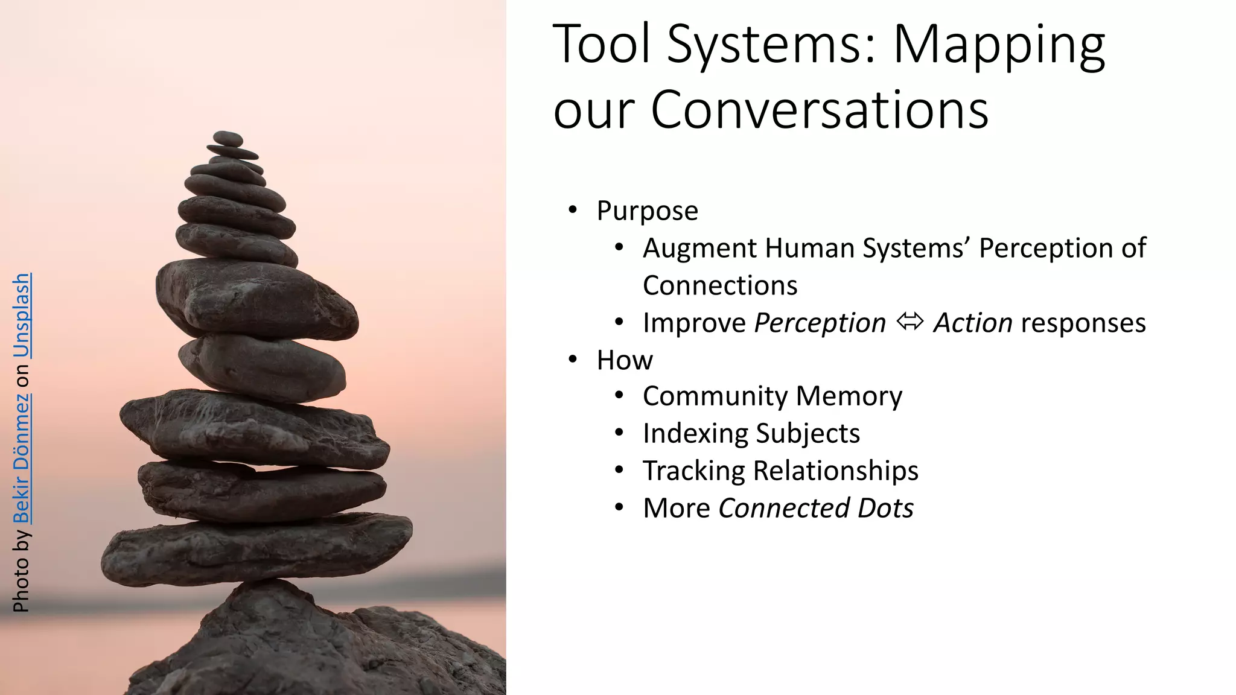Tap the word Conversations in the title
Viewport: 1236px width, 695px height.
click(x=820, y=110)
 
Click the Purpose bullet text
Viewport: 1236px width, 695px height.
click(x=647, y=211)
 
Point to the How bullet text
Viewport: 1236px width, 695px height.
click(x=625, y=360)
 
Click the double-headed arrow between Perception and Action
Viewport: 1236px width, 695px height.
click(x=909, y=322)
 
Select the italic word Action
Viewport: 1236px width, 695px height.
click(x=973, y=323)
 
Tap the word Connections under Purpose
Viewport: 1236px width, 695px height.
click(x=720, y=285)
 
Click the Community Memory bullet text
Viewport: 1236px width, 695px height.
click(x=772, y=396)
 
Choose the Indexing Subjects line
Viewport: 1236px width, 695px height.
click(x=751, y=434)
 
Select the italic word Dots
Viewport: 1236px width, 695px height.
click(x=885, y=508)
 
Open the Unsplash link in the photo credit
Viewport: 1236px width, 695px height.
click(x=22, y=315)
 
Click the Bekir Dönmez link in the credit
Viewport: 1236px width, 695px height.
click(x=22, y=459)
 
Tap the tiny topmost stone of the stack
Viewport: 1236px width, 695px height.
click(x=228, y=138)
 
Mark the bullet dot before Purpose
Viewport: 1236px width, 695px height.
click(x=573, y=211)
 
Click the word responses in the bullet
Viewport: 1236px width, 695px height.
click(x=1083, y=323)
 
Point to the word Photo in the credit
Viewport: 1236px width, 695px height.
click(x=22, y=585)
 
